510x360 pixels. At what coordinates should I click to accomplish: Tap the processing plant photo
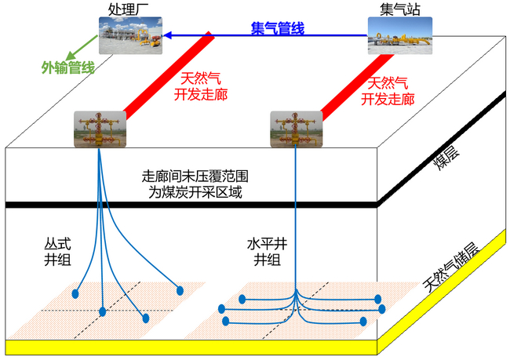pyautogui.click(x=130, y=35)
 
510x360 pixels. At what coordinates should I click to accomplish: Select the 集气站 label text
pyautogui.click(x=399, y=9)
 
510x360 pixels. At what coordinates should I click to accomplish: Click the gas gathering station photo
pyautogui.click(x=400, y=35)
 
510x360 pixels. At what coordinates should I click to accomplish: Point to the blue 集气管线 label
pyautogui.click(x=278, y=28)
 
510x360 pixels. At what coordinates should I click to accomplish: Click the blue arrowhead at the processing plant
pyautogui.click(x=167, y=35)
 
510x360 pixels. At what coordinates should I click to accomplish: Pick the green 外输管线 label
pyautogui.click(x=68, y=67)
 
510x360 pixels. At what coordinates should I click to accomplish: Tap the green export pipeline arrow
pyautogui.click(x=82, y=48)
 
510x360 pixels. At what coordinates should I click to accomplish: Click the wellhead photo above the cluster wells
pyautogui.click(x=100, y=129)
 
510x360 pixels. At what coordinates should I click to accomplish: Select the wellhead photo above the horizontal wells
pyautogui.click(x=297, y=129)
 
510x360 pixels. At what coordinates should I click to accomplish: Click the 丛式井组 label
pyautogui.click(x=57, y=252)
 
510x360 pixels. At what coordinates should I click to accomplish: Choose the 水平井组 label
pyautogui.click(x=267, y=252)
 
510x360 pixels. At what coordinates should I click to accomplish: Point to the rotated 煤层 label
pyautogui.click(x=447, y=158)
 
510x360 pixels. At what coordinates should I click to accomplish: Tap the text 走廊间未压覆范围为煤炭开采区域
pyautogui.click(x=195, y=184)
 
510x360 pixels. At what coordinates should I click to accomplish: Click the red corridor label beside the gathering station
pyautogui.click(x=388, y=91)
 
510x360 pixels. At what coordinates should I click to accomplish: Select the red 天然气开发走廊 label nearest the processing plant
pyautogui.click(x=201, y=86)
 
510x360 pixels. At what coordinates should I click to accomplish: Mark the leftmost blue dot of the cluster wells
pyautogui.click(x=75, y=294)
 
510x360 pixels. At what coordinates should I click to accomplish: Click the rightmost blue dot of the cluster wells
pyautogui.click(x=180, y=290)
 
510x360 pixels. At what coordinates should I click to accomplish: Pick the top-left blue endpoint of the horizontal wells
pyautogui.click(x=242, y=299)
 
